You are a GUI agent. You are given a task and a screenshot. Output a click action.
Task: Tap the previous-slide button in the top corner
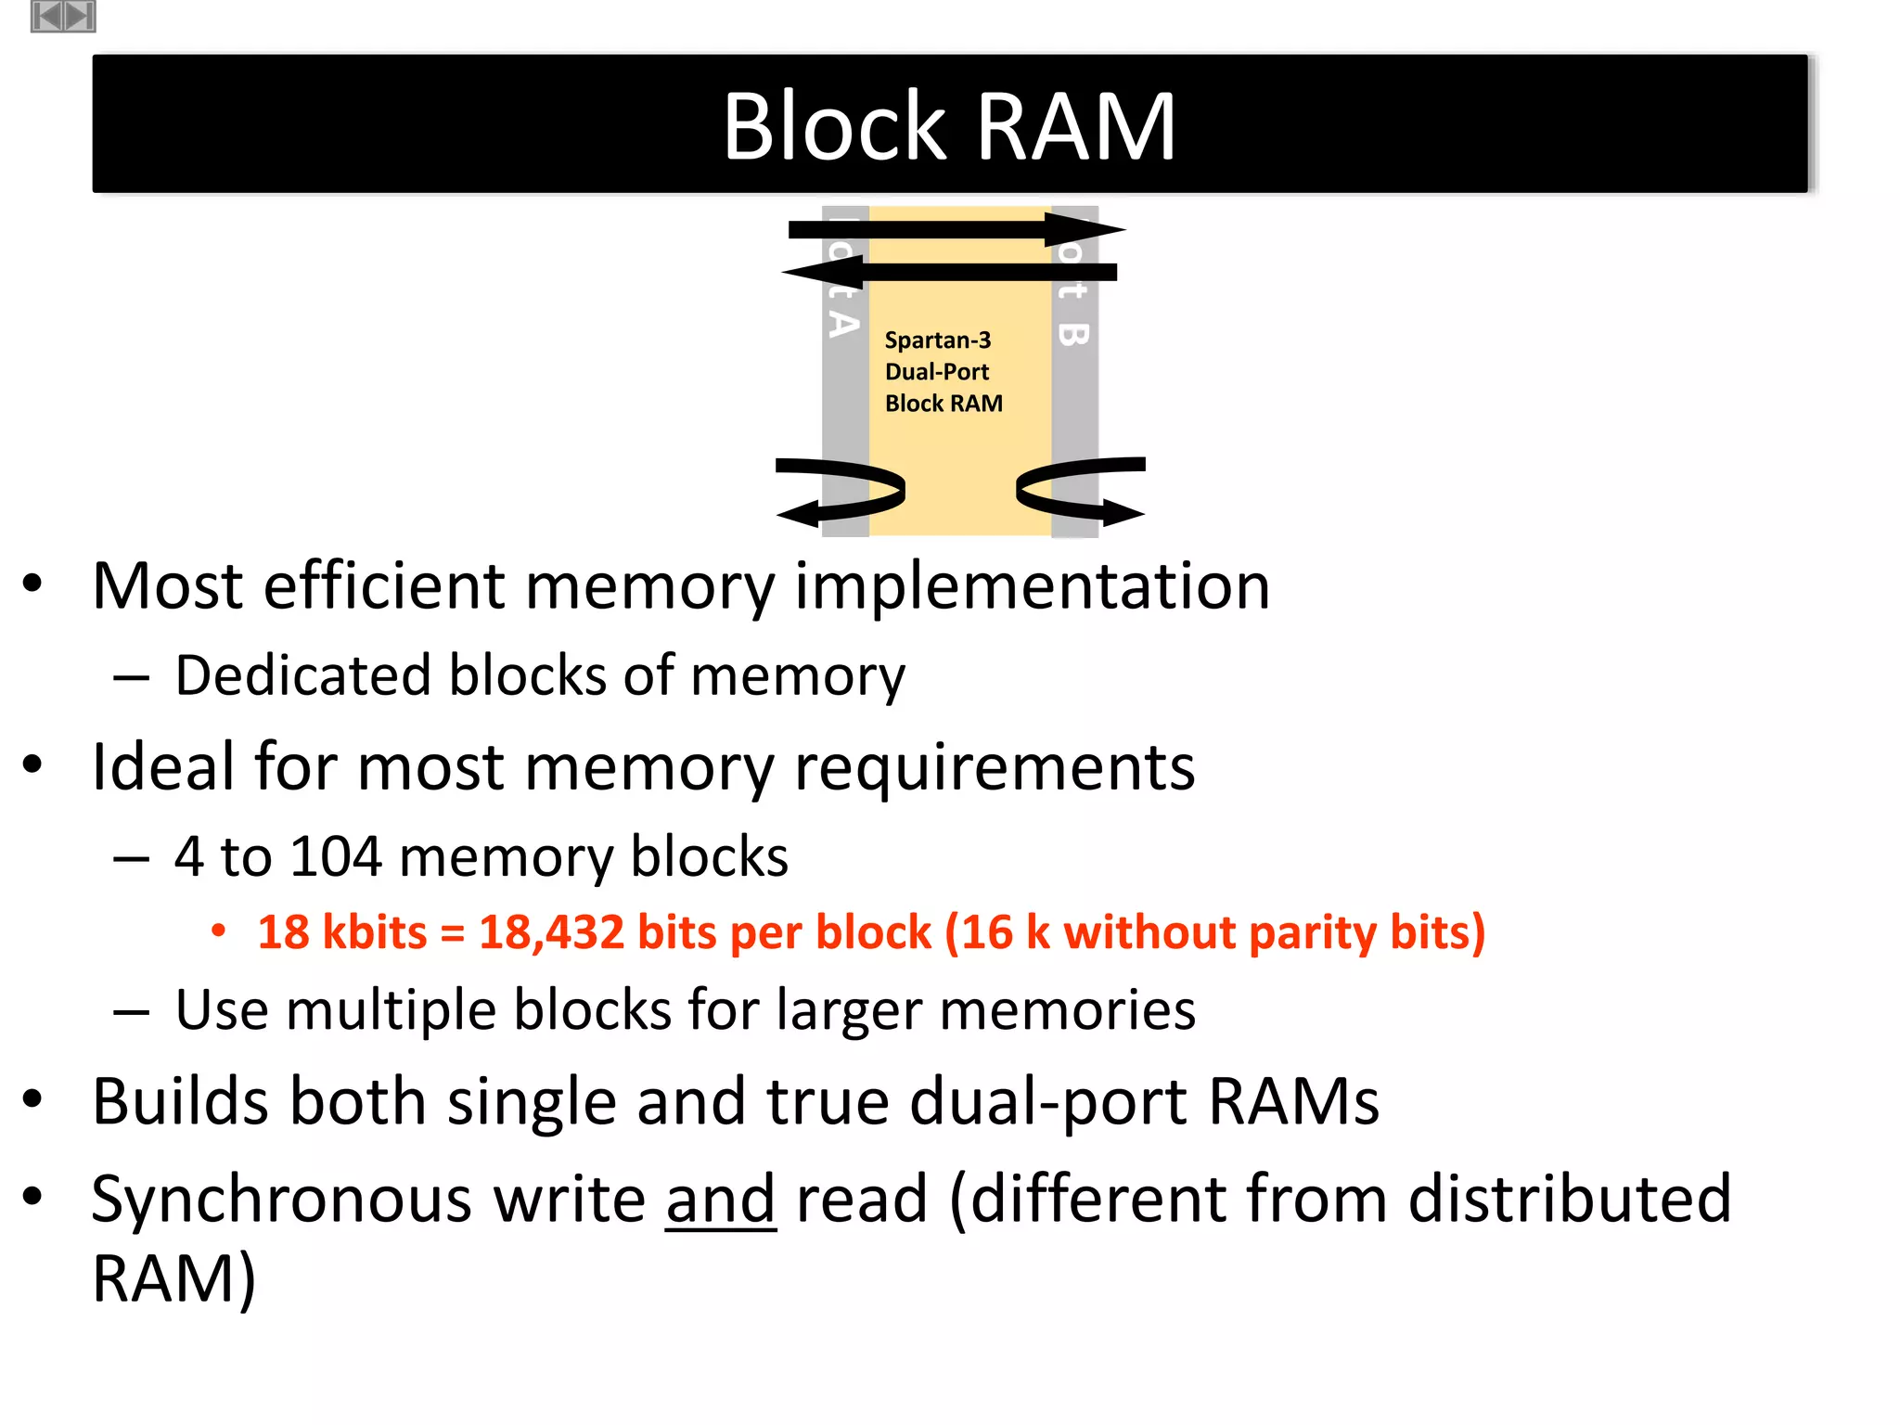point(47,16)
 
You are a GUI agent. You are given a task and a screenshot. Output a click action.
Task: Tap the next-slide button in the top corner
point(80,16)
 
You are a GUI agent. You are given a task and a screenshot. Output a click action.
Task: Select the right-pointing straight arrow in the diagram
point(956,229)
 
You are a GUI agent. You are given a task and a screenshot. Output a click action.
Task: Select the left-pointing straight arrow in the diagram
point(950,272)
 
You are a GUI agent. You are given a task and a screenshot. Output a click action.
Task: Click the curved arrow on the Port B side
point(1080,489)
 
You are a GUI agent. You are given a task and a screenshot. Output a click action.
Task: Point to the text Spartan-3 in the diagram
point(937,340)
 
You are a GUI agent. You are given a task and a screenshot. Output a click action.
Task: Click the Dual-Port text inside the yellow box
point(937,372)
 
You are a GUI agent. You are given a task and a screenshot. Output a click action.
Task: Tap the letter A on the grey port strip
point(842,324)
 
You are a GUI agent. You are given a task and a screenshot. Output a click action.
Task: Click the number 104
point(336,855)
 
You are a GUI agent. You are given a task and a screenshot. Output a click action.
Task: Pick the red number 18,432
point(551,932)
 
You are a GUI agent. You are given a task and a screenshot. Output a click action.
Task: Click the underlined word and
point(720,1199)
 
